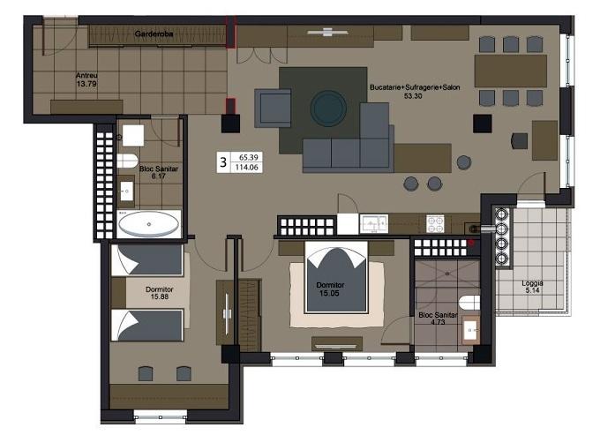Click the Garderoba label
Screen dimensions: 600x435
pyautogui.click(x=154, y=34)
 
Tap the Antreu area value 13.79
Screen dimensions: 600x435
pyautogui.click(x=86, y=84)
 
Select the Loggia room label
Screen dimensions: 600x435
pyautogui.click(x=532, y=283)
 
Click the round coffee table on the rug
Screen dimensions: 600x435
pyautogui.click(x=328, y=109)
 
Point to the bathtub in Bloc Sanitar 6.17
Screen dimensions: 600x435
pyautogui.click(x=149, y=224)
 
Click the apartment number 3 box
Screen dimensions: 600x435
pyautogui.click(x=223, y=162)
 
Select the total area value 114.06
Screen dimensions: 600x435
pyautogui.click(x=246, y=167)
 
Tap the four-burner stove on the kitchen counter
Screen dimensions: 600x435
pyautogui.click(x=436, y=224)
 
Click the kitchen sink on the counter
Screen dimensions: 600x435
pyautogui.click(x=374, y=224)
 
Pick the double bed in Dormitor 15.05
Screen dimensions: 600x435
pyautogui.click(x=336, y=277)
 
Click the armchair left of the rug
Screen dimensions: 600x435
pyautogui.click(x=273, y=109)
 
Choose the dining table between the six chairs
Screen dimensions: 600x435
pyautogui.click(x=511, y=71)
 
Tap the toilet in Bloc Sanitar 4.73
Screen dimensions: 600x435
pyautogui.click(x=469, y=303)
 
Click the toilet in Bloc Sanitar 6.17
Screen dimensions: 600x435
pyautogui.click(x=127, y=161)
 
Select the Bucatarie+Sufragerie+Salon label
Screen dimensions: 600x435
pyautogui.click(x=415, y=87)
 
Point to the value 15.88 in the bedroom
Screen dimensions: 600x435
pyautogui.click(x=160, y=296)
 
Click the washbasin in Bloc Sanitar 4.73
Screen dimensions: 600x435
pyautogui.click(x=470, y=329)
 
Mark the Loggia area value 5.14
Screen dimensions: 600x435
pyautogui.click(x=532, y=290)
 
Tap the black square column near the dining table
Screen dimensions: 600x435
pyautogui.click(x=482, y=124)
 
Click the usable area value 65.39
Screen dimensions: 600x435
pyautogui.click(x=249, y=157)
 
